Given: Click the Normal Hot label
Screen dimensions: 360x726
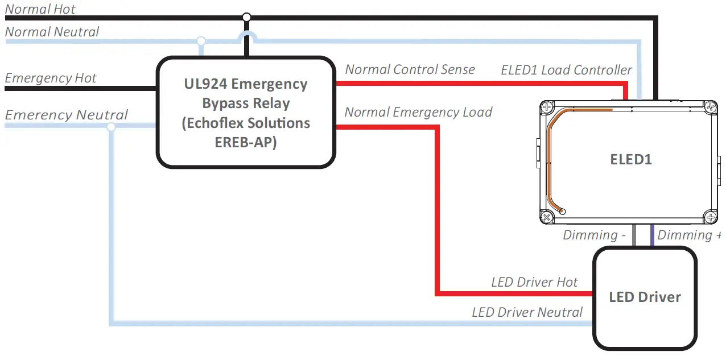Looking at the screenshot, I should click(x=40, y=9).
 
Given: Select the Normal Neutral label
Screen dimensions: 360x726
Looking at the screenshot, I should click(x=52, y=32).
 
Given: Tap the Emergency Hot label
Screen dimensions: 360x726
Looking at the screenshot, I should click(x=51, y=78).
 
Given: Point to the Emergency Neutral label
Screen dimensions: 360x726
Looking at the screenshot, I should click(x=67, y=115).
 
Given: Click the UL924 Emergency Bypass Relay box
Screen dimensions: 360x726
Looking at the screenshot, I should click(x=246, y=113).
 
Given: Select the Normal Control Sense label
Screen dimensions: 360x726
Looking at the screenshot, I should click(x=410, y=69).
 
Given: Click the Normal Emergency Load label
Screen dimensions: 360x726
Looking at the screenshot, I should click(x=418, y=112).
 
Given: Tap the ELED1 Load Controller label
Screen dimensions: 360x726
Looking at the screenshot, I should click(x=566, y=70).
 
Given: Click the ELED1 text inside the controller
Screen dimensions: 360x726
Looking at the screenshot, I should click(x=630, y=160).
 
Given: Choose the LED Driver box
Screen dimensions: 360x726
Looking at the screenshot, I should click(x=645, y=297).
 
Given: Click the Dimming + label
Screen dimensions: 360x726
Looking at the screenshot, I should click(x=689, y=235).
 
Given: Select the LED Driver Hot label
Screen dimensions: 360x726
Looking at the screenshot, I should click(x=534, y=282).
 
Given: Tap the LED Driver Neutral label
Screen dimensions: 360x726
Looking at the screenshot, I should click(x=527, y=312).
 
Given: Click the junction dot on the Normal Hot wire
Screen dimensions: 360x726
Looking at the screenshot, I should click(x=246, y=17).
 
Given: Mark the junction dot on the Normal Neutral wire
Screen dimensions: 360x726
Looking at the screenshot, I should click(x=200, y=41).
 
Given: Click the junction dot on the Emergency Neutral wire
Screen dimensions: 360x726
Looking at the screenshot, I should click(x=111, y=126).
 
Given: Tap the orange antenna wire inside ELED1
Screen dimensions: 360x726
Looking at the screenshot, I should click(x=549, y=165).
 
